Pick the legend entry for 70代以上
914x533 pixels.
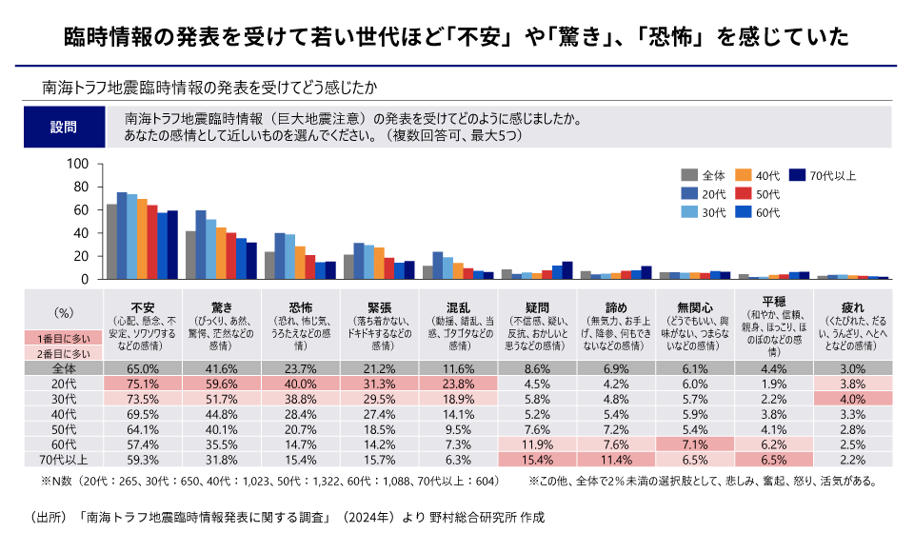825,175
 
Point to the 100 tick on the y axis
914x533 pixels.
78,164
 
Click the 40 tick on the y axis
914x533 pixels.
82,232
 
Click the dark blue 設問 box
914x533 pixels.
63,127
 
